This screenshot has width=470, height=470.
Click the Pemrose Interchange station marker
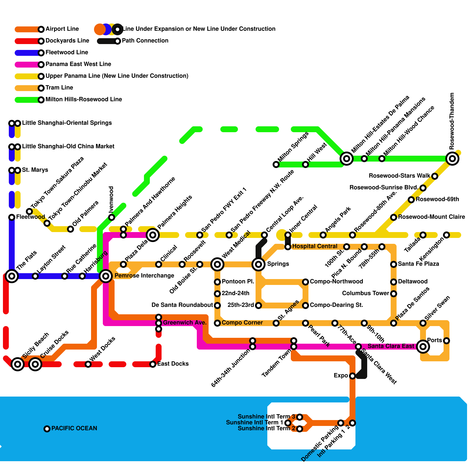pyautogui.click(x=106, y=276)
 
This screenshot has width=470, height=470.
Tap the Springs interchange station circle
pyautogui.click(x=258, y=264)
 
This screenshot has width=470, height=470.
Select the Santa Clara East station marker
pyautogui.click(x=423, y=347)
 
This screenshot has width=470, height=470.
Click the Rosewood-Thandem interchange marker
pyautogui.click(x=452, y=159)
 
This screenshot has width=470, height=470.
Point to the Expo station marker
pyautogui.click(x=352, y=376)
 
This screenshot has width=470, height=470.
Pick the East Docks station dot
pyautogui.click(x=153, y=364)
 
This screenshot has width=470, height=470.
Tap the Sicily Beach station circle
pyautogui.click(x=18, y=364)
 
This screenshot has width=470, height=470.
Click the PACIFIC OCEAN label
pyautogui.click(x=74, y=428)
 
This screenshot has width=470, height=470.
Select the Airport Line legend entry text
pyautogui.click(x=62, y=29)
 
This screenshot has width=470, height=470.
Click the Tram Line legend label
pyautogui.click(x=59, y=88)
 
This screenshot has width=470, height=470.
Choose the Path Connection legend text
pyautogui.click(x=145, y=41)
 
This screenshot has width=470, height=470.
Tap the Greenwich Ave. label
pyautogui.click(x=185, y=323)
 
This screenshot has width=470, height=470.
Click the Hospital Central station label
pyautogui.click(x=315, y=246)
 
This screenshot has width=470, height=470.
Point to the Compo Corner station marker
pyautogui.click(x=217, y=323)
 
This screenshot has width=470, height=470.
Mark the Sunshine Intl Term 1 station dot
pyautogui.click(x=288, y=423)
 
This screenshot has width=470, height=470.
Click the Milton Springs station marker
pyautogui.click(x=276, y=164)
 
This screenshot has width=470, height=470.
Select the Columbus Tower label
pyautogui.click(x=365, y=293)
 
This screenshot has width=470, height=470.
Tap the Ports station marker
pyautogui.click(x=446, y=341)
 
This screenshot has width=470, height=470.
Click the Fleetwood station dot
pyautogui.click(x=12, y=217)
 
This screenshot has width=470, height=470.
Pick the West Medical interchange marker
pyautogui.click(x=217, y=264)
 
